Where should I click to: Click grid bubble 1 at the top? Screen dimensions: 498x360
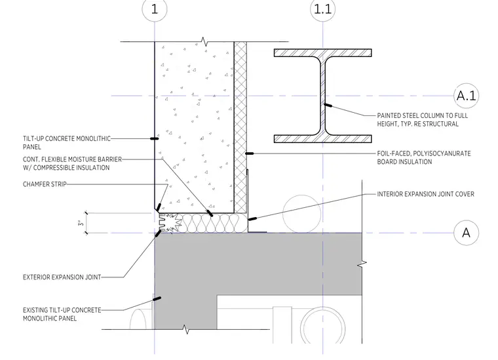155,9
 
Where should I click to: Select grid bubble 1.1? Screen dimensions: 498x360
322,9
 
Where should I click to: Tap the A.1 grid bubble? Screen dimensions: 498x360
466,96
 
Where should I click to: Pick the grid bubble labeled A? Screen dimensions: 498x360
466,233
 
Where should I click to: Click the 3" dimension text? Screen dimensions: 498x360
81,223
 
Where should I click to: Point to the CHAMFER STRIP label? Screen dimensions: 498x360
45,184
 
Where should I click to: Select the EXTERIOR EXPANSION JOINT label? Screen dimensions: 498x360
62,277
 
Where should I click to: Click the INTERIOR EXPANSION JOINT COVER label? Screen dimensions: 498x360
425,194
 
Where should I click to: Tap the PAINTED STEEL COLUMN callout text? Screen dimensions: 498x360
423,120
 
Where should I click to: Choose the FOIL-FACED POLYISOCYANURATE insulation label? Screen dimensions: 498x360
424,157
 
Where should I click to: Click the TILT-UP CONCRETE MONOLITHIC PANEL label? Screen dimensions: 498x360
67,143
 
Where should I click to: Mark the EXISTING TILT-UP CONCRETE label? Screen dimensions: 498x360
62,314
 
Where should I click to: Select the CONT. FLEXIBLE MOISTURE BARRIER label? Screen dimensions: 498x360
73,163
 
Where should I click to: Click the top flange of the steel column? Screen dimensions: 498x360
322,52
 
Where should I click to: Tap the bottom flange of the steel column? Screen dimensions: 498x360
322,139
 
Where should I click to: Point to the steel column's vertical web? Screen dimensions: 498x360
322,96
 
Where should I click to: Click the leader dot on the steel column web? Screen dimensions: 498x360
328,105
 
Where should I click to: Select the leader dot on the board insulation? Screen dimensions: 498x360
249,154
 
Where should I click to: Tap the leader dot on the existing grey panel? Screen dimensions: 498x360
157,298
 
